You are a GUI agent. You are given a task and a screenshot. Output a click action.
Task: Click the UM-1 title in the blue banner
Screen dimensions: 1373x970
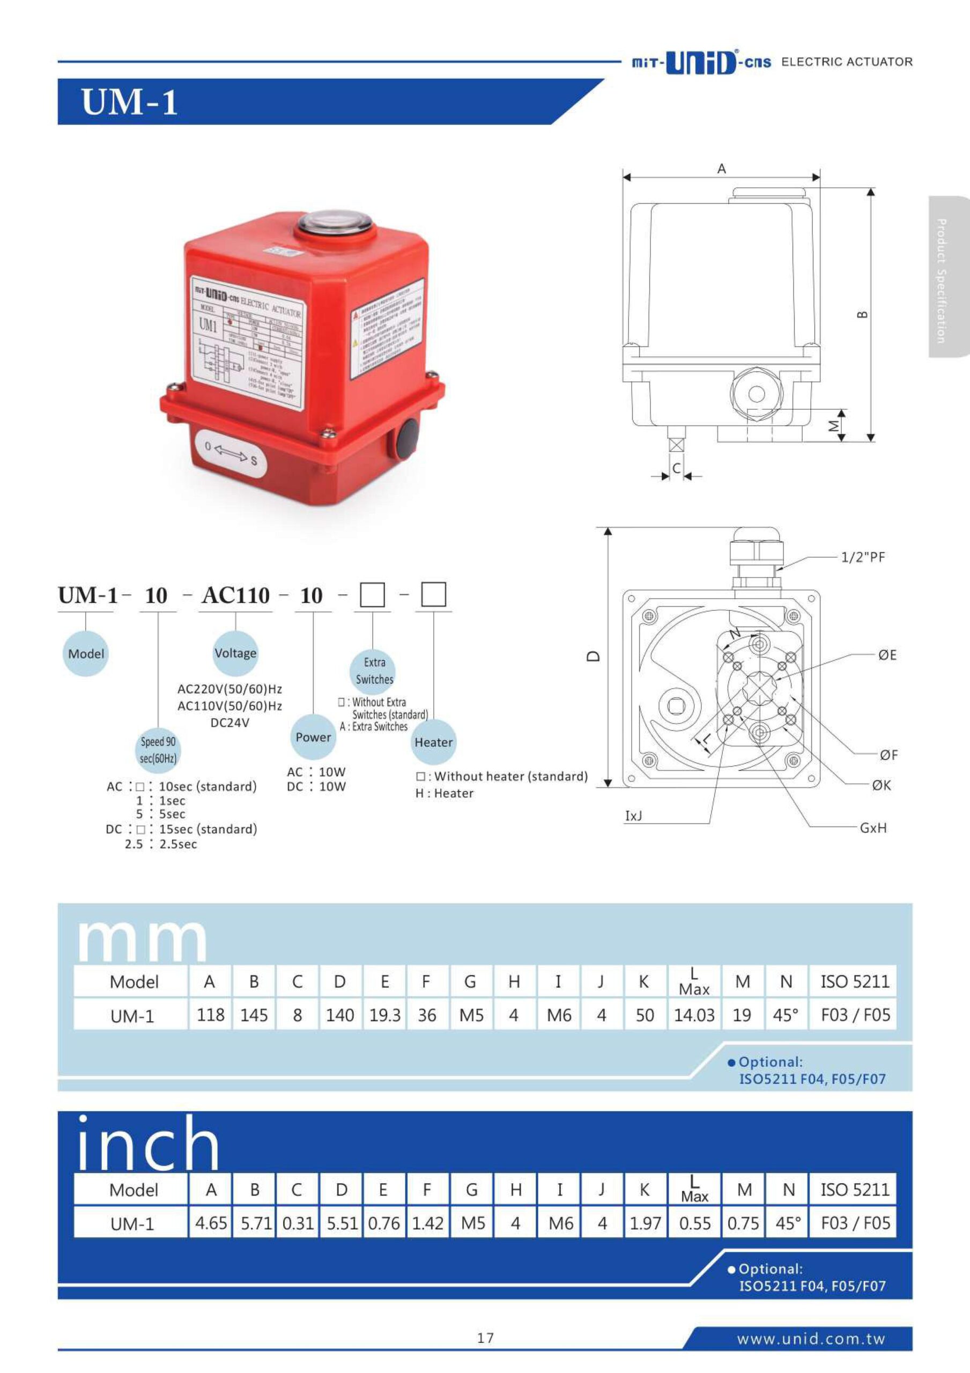(129, 102)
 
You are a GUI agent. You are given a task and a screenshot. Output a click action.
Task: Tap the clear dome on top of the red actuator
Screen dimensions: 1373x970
(336, 223)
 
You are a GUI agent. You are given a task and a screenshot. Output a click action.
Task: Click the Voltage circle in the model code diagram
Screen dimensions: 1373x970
(235, 653)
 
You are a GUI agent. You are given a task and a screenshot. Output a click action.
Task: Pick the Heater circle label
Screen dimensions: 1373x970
(434, 742)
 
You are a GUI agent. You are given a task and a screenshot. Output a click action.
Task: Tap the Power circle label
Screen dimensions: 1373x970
(313, 737)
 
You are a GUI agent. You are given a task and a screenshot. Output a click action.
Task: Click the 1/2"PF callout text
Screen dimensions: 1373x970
(862, 557)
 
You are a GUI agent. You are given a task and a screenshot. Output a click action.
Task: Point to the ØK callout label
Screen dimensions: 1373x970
(881, 785)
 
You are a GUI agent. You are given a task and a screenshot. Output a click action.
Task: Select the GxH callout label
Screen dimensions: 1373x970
(873, 828)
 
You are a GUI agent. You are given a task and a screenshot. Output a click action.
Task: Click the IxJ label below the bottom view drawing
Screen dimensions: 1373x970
(633, 816)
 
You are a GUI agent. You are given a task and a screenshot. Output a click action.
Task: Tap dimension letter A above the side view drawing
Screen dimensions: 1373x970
(722, 168)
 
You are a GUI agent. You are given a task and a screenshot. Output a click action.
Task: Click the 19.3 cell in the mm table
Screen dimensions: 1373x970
(384, 1015)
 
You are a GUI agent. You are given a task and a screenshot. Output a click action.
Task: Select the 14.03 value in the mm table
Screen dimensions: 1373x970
(694, 1015)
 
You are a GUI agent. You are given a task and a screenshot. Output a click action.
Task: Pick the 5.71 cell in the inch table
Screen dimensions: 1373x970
(256, 1223)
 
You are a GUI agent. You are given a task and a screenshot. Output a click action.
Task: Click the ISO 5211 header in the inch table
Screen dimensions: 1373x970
(855, 1190)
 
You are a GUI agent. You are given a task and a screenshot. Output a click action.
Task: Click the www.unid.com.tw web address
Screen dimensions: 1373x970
(810, 1338)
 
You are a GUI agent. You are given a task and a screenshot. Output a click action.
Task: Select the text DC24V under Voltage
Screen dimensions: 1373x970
(229, 722)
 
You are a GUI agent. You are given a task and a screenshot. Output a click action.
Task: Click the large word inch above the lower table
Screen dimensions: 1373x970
(149, 1143)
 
